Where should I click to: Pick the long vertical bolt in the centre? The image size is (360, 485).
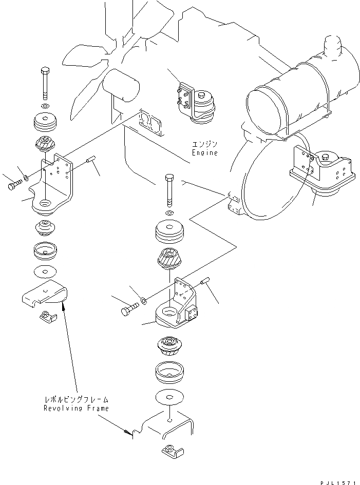170,190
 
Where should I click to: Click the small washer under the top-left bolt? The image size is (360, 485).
45,105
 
